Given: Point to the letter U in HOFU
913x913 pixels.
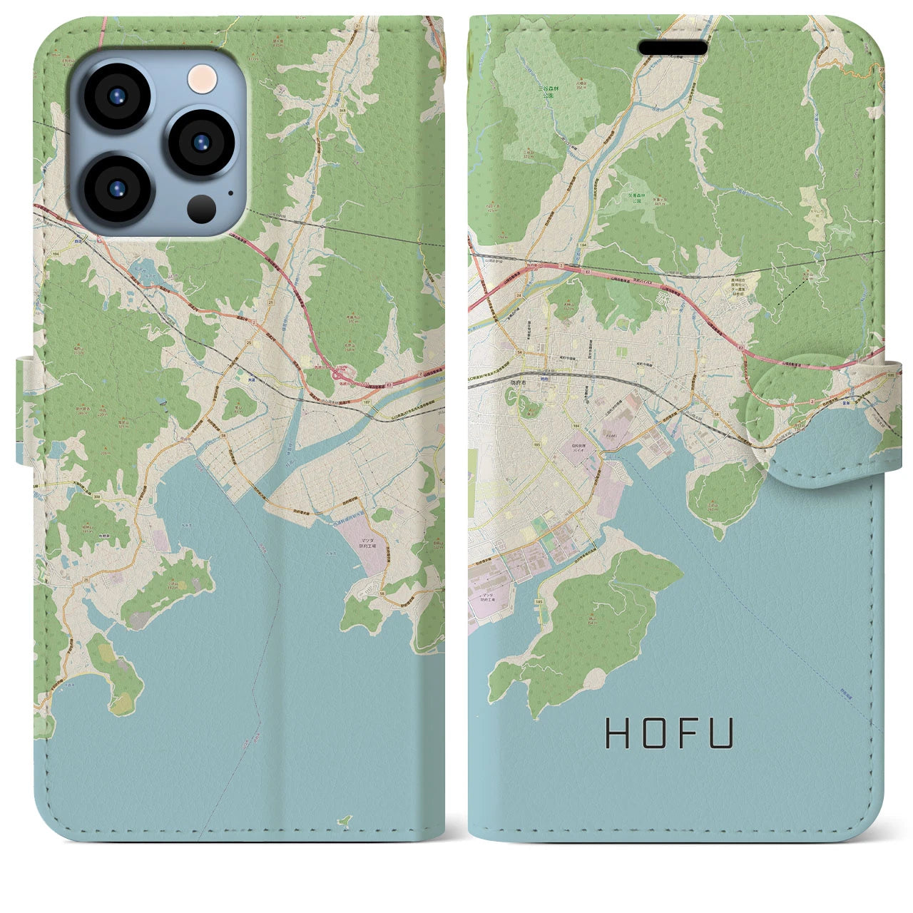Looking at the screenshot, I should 722,733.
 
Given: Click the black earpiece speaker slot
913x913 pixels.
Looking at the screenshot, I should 673,47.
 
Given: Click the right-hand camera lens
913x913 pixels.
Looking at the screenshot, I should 199,142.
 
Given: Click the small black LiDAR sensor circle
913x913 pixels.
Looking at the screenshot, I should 202,208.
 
